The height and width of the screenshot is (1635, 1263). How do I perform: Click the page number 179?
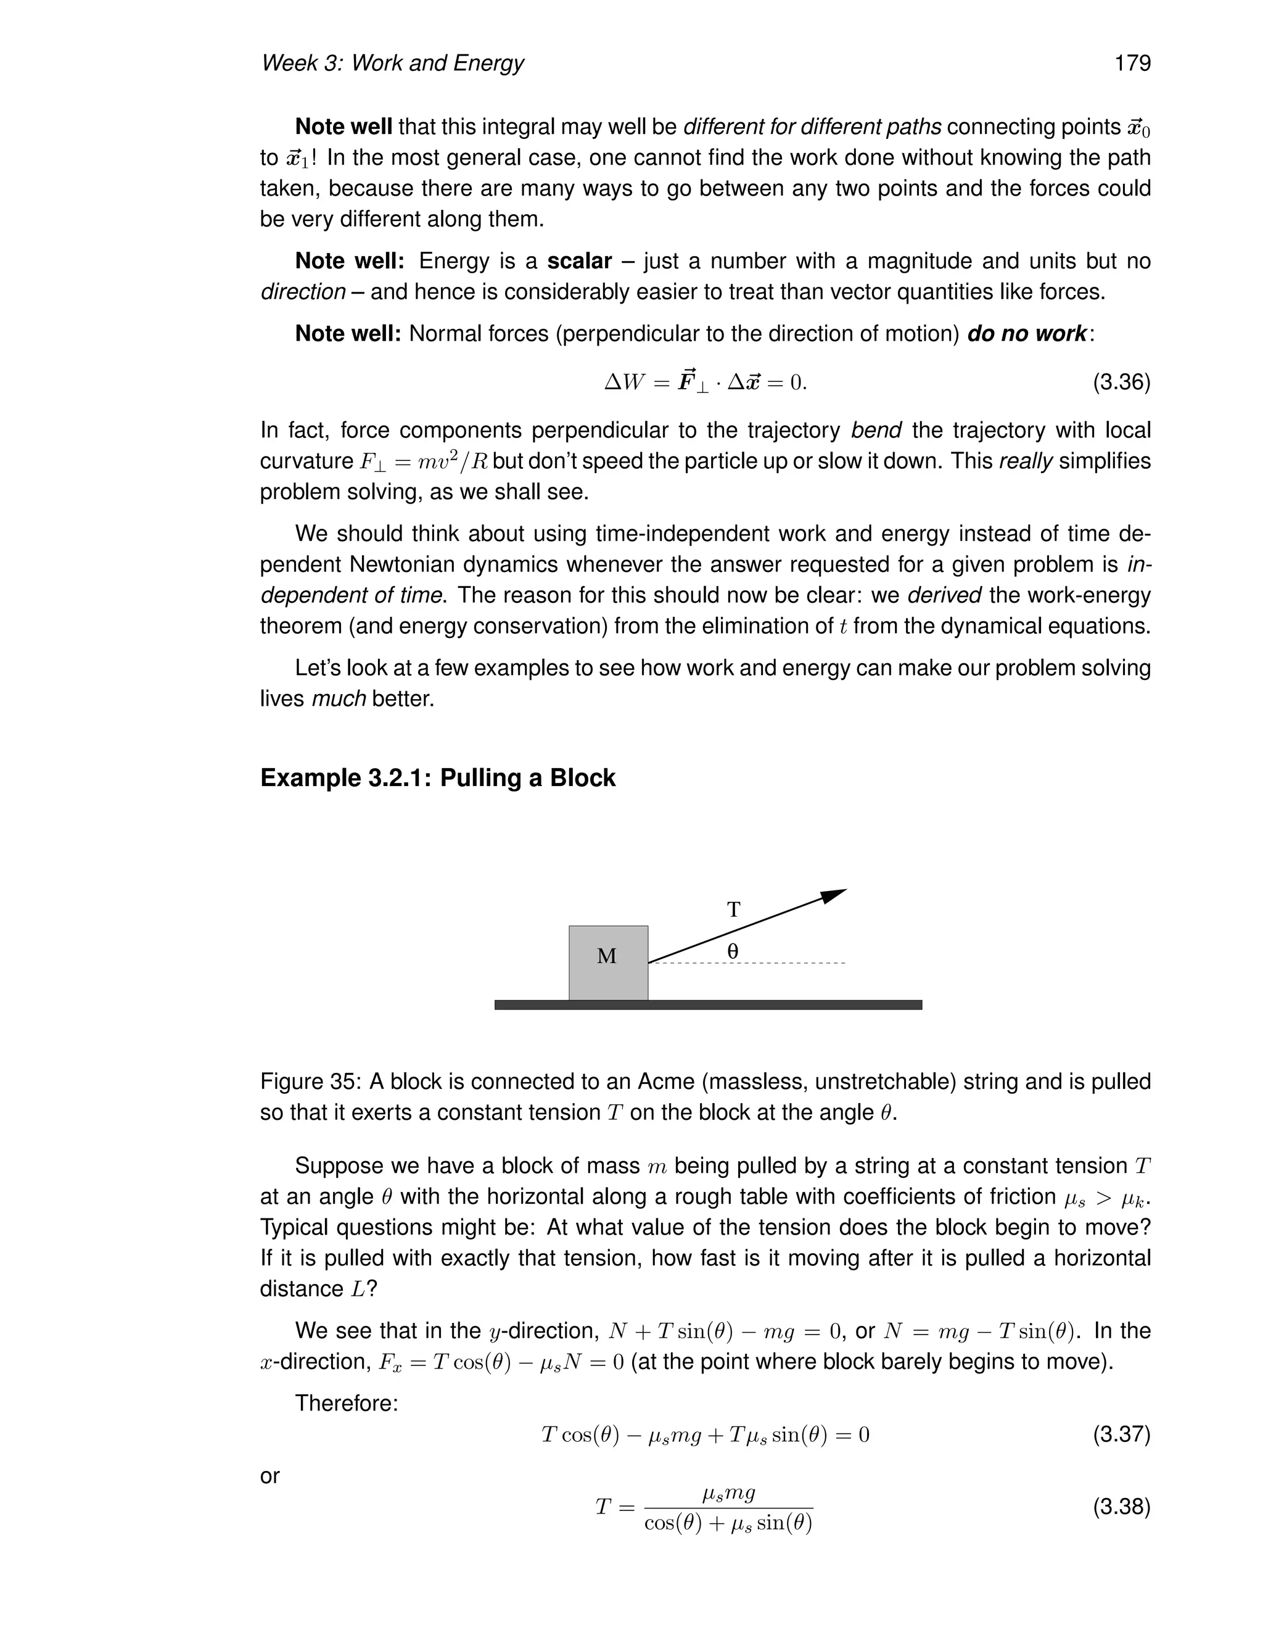tap(1132, 63)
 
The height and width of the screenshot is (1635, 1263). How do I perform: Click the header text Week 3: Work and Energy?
tap(392, 63)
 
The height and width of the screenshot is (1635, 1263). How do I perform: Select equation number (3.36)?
tap(1121, 383)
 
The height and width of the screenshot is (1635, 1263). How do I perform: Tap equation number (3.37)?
tap(1121, 1434)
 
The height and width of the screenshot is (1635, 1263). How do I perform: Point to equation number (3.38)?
tap(1121, 1506)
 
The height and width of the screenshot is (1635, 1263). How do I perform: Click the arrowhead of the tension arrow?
tap(835, 895)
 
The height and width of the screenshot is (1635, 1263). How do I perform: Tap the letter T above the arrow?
tap(734, 909)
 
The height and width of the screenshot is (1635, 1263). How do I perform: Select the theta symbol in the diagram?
tap(733, 951)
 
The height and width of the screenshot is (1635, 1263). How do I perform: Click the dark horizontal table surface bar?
tap(708, 1004)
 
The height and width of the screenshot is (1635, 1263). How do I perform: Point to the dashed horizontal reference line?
tap(786, 962)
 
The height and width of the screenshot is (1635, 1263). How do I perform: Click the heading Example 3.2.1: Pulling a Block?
tap(438, 778)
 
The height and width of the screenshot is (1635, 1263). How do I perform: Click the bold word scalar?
tap(579, 261)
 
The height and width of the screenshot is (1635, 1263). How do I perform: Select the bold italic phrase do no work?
tap(1027, 334)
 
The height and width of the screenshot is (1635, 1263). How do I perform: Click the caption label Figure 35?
tap(310, 1081)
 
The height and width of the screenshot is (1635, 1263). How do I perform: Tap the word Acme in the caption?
tap(665, 1081)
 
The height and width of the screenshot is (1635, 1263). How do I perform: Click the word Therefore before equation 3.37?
tap(347, 1403)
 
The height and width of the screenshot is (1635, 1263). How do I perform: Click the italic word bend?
tap(876, 431)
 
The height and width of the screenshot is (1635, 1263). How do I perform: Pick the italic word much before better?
tap(338, 699)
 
